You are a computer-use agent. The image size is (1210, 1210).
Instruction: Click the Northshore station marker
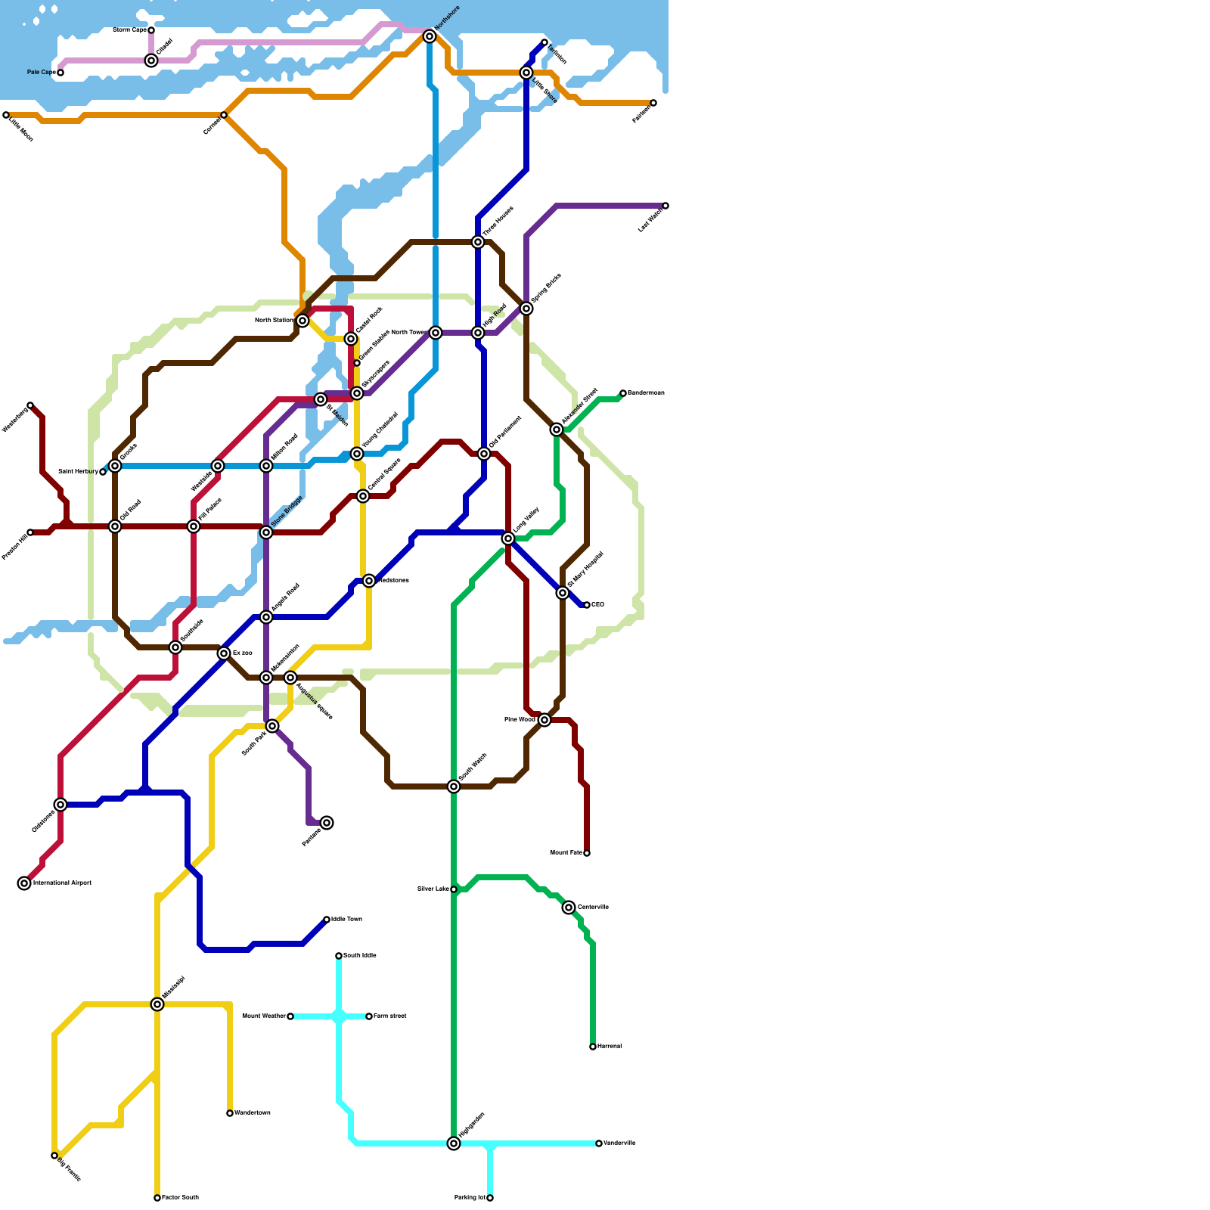pyautogui.click(x=430, y=36)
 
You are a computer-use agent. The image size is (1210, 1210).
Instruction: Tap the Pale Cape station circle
pyautogui.click(x=60, y=73)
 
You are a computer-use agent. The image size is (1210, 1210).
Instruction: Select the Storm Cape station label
pyautogui.click(x=129, y=30)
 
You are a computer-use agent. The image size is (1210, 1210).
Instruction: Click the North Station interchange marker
pyautogui.click(x=302, y=321)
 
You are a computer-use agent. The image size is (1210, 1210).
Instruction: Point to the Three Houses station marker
pyautogui.click(x=478, y=242)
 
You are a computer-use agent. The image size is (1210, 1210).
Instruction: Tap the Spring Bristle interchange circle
pyautogui.click(x=526, y=309)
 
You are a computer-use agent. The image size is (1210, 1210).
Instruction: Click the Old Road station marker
pyautogui.click(x=115, y=526)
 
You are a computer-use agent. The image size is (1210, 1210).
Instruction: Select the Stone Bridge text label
pyautogui.click(x=287, y=511)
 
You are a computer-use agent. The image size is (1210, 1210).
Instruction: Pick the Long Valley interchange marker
pyautogui.click(x=508, y=538)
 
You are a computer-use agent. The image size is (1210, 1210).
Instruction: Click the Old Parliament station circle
pyautogui.click(x=484, y=454)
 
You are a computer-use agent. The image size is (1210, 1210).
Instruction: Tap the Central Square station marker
pyautogui.click(x=363, y=496)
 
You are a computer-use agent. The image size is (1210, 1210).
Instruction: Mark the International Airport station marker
pyautogui.click(x=24, y=883)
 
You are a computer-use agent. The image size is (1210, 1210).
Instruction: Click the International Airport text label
pyautogui.click(x=62, y=883)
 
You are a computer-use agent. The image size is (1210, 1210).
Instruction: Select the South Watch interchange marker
pyautogui.click(x=454, y=786)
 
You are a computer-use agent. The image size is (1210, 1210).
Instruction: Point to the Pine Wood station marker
pyautogui.click(x=544, y=720)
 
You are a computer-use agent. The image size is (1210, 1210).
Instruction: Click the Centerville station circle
pyautogui.click(x=569, y=907)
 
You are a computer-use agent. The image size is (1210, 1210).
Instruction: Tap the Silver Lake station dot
pyautogui.click(x=454, y=889)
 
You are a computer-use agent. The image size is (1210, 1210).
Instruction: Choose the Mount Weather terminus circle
pyautogui.click(x=290, y=1016)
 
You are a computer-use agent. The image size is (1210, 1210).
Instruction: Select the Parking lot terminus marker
pyautogui.click(x=490, y=1198)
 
